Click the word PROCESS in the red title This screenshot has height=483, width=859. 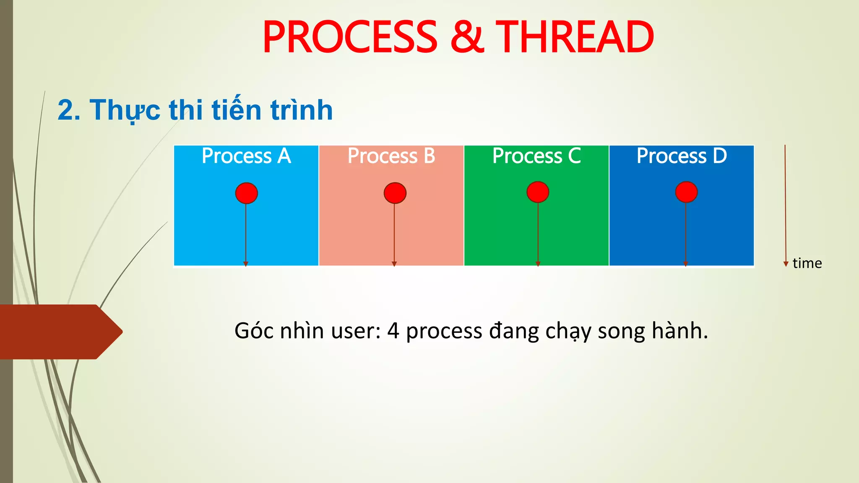click(x=350, y=38)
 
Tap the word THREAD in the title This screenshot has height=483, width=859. click(x=575, y=38)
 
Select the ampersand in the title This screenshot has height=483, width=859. click(x=467, y=38)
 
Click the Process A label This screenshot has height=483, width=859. click(x=246, y=156)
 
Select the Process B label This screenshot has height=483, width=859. click(x=391, y=156)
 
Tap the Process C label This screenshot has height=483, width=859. click(x=536, y=156)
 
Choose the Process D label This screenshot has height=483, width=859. click(x=682, y=156)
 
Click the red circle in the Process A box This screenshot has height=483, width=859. click(x=246, y=193)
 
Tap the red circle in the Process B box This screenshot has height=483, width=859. click(x=395, y=193)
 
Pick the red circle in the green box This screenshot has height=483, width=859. click(x=538, y=192)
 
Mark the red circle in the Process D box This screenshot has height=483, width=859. click(x=686, y=192)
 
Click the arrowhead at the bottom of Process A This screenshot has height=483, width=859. click(x=246, y=264)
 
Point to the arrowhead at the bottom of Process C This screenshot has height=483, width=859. click(x=538, y=264)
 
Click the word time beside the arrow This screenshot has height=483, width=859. click(x=807, y=263)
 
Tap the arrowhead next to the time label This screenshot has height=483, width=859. click(x=786, y=264)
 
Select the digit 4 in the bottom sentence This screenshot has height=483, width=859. click(x=393, y=331)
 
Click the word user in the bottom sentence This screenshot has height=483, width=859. click(x=355, y=331)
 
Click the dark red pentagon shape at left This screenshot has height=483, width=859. click(x=59, y=332)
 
